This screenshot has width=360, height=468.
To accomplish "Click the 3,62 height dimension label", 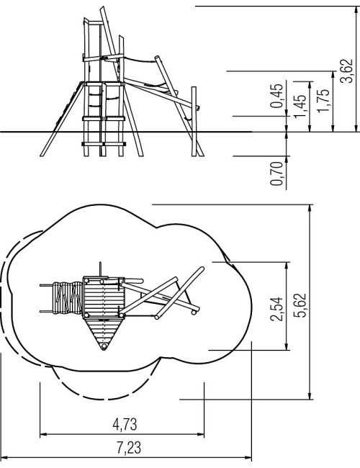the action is click(347, 71).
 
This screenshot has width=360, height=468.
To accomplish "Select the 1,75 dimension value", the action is click(323, 101).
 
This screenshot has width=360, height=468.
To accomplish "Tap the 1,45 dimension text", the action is click(300, 106).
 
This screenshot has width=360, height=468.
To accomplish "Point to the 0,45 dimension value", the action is click(276, 96).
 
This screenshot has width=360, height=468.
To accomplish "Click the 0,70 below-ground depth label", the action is click(276, 174).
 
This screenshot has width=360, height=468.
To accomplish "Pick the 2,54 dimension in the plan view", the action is click(276, 309).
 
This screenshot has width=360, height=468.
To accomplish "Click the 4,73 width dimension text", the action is click(125, 424).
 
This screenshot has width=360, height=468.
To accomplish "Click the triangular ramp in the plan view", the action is click(104, 331).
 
